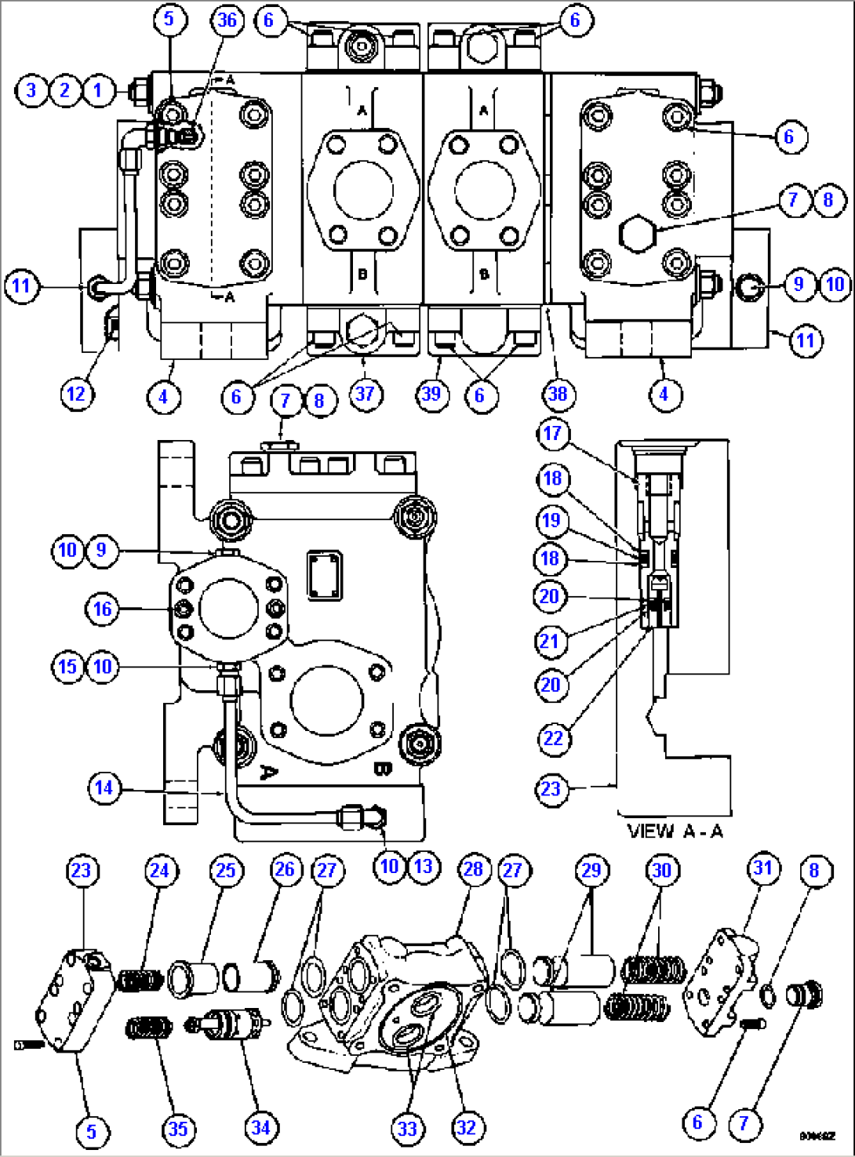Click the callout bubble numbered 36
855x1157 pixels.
click(227, 20)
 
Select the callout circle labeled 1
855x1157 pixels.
click(98, 90)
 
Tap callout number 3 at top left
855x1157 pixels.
click(31, 90)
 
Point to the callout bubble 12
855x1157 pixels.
click(76, 393)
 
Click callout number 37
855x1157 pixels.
click(365, 393)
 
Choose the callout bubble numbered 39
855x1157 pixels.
click(431, 393)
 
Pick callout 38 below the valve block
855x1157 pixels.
click(557, 393)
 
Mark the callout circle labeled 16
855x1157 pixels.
click(103, 609)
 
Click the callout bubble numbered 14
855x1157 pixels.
click(104, 788)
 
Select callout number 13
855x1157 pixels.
click(423, 866)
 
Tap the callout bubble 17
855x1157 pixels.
click(552, 434)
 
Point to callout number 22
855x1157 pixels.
click(553, 738)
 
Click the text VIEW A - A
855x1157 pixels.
click(675, 831)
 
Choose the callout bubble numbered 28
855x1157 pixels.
click(473, 869)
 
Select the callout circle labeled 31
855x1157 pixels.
click(763, 868)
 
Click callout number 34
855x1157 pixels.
click(260, 1128)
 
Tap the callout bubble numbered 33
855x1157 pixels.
click(407, 1129)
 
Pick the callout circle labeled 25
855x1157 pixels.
click(225, 870)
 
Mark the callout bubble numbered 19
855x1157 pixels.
click(551, 520)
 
